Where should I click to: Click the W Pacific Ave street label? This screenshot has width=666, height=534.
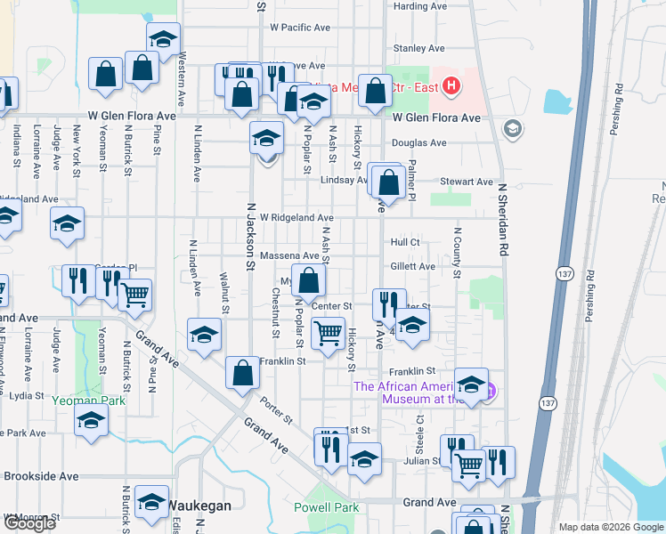[299, 28]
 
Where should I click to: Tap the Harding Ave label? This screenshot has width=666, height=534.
[413, 6]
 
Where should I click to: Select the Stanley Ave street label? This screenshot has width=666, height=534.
[418, 48]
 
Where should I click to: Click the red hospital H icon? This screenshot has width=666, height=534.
[451, 86]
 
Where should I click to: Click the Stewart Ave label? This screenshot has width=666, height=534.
[467, 182]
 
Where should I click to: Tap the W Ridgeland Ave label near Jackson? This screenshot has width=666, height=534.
[296, 217]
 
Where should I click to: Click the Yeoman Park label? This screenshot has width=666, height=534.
[88, 400]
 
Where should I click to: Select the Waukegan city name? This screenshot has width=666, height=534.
[200, 506]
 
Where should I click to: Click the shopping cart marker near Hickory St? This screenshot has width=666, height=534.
[328, 335]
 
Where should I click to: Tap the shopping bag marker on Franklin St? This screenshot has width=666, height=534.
[242, 374]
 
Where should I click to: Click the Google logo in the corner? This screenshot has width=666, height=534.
[30, 524]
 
